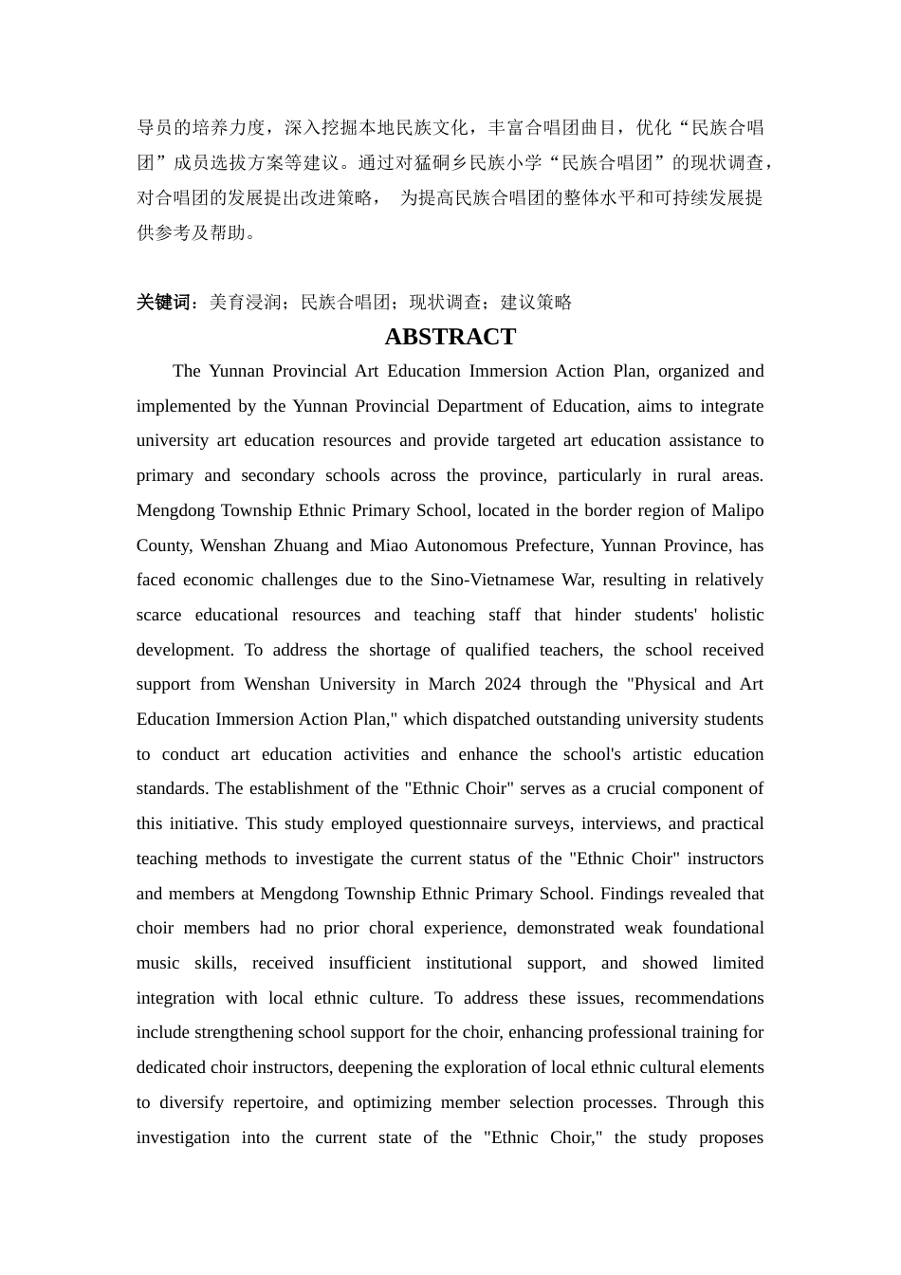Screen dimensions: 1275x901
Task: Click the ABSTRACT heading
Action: [450, 337]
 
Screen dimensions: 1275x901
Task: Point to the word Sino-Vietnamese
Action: [489, 580]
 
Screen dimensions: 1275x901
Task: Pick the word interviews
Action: [618, 823]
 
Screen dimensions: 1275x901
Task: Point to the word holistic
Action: [737, 615]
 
